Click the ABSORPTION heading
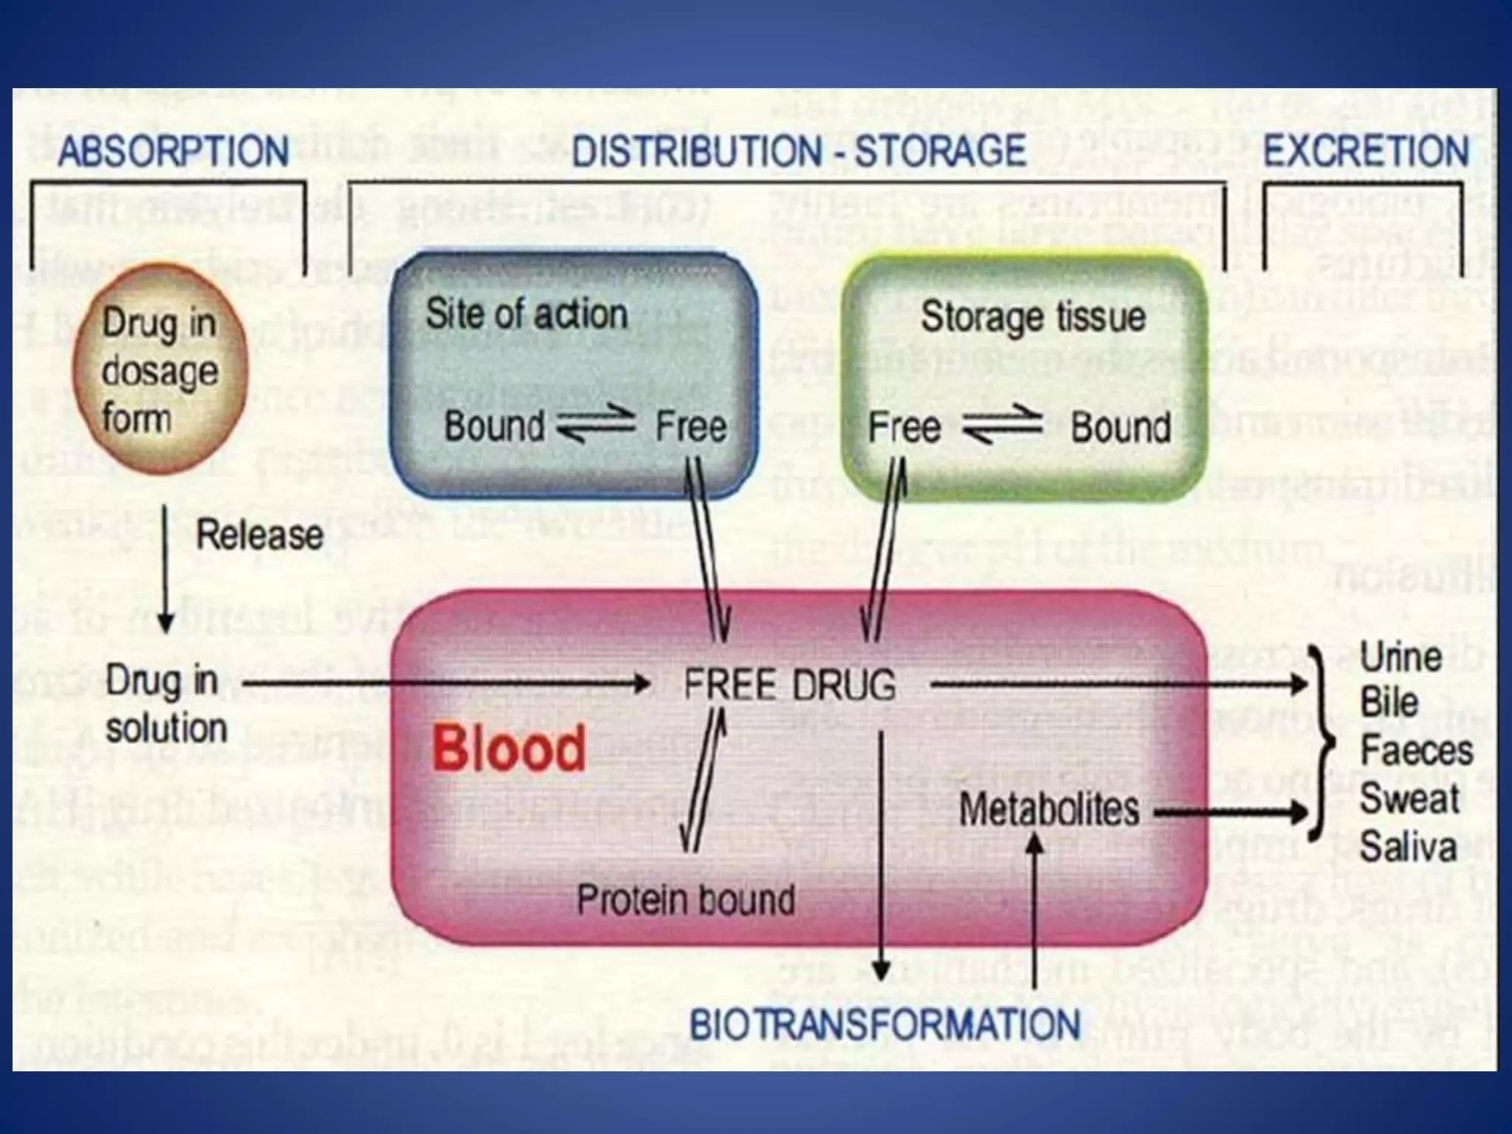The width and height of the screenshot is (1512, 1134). coord(173,151)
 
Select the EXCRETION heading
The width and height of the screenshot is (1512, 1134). coord(1366,151)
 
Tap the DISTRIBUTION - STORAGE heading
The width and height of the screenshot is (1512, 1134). coord(799,151)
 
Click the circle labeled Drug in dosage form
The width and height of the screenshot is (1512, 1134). coord(159,369)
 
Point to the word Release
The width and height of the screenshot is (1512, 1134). coord(259,535)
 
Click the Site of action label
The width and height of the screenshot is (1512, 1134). coord(526,314)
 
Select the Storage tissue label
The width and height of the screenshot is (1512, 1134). coord(1033,317)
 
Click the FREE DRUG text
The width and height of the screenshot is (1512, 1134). coord(789,684)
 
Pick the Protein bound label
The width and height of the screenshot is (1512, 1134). coord(685,900)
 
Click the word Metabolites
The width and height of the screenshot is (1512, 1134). coord(1048,810)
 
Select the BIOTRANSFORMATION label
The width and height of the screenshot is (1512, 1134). coord(884,1025)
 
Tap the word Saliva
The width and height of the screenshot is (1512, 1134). coord(1408,846)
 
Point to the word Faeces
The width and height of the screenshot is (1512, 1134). coord(1416,751)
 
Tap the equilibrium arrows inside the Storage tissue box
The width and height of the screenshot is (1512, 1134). coord(1003,425)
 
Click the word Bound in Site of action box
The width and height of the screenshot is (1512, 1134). coord(494,426)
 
